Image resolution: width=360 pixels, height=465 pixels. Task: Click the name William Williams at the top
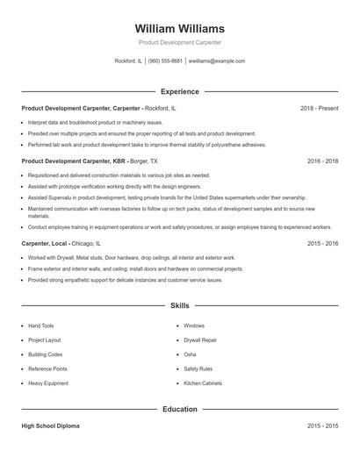tap(180, 28)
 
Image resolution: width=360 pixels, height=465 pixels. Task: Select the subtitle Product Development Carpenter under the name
tap(180, 42)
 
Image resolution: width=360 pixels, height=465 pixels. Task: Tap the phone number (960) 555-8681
tap(165, 61)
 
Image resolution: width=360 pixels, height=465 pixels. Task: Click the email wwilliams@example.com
tap(217, 61)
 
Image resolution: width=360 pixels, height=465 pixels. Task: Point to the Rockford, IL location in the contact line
tap(128, 61)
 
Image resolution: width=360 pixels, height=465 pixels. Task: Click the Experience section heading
tap(180, 91)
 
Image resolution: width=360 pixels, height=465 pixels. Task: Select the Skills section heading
tap(180, 306)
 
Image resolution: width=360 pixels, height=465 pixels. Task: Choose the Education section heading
tap(180, 409)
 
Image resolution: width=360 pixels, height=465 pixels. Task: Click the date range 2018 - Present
tap(319, 108)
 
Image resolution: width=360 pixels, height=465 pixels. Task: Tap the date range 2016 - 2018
tap(322, 161)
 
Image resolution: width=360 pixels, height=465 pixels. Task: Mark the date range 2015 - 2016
tap(322, 243)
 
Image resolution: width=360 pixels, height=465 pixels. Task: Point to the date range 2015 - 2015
tap(322, 426)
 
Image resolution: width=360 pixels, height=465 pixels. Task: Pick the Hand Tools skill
tap(41, 325)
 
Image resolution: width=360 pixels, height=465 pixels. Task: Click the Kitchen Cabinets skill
tap(203, 383)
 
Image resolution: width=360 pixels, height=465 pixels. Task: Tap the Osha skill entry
tap(190, 354)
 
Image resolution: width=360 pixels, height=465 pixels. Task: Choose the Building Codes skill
tap(46, 354)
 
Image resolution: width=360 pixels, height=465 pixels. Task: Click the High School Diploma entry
tap(50, 426)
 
